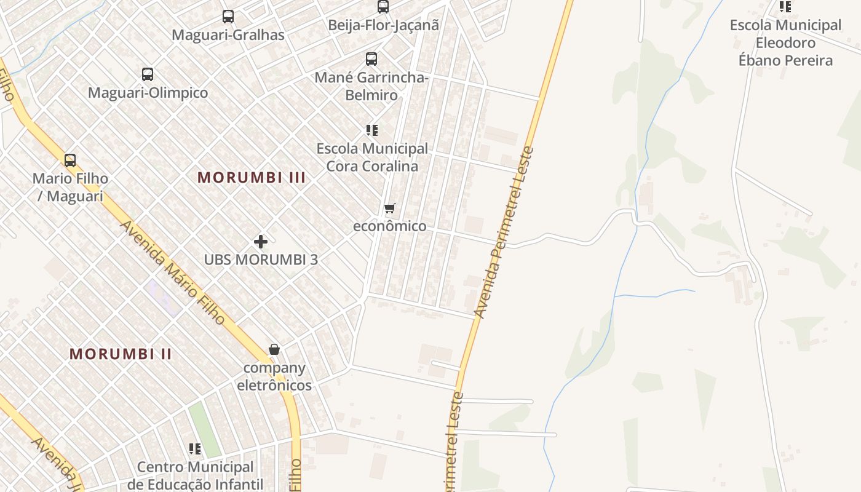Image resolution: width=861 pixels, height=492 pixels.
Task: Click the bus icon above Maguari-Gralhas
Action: (x=228, y=17)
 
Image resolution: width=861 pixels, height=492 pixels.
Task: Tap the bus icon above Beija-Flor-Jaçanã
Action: (x=383, y=7)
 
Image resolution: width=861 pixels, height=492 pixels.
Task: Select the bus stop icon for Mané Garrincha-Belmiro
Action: (x=371, y=59)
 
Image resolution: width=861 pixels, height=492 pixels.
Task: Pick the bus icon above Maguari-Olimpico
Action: (x=148, y=74)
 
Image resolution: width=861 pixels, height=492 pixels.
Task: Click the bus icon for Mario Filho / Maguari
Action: (x=70, y=161)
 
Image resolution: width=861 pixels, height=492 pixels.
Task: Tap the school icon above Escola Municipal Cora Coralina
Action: (x=371, y=130)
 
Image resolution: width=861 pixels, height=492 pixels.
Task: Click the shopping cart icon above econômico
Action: (x=389, y=208)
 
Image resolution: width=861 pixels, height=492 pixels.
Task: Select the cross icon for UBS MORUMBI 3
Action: (x=261, y=241)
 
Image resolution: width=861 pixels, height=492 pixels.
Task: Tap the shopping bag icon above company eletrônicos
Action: (x=274, y=349)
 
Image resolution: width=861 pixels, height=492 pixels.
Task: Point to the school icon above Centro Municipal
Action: (x=195, y=448)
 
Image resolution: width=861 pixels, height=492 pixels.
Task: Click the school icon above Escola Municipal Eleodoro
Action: (x=785, y=7)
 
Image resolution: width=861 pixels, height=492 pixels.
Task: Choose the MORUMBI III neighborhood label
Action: (x=252, y=178)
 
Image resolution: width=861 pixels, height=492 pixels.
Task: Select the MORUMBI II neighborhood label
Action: (x=121, y=354)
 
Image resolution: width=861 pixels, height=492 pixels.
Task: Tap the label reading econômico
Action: (x=389, y=226)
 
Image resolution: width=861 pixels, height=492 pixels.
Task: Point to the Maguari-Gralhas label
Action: (x=228, y=35)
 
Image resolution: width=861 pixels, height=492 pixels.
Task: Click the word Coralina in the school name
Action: (x=389, y=166)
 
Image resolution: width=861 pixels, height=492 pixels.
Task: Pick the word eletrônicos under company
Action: (x=274, y=386)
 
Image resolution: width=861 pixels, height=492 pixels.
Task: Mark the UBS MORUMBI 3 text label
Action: (x=261, y=260)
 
